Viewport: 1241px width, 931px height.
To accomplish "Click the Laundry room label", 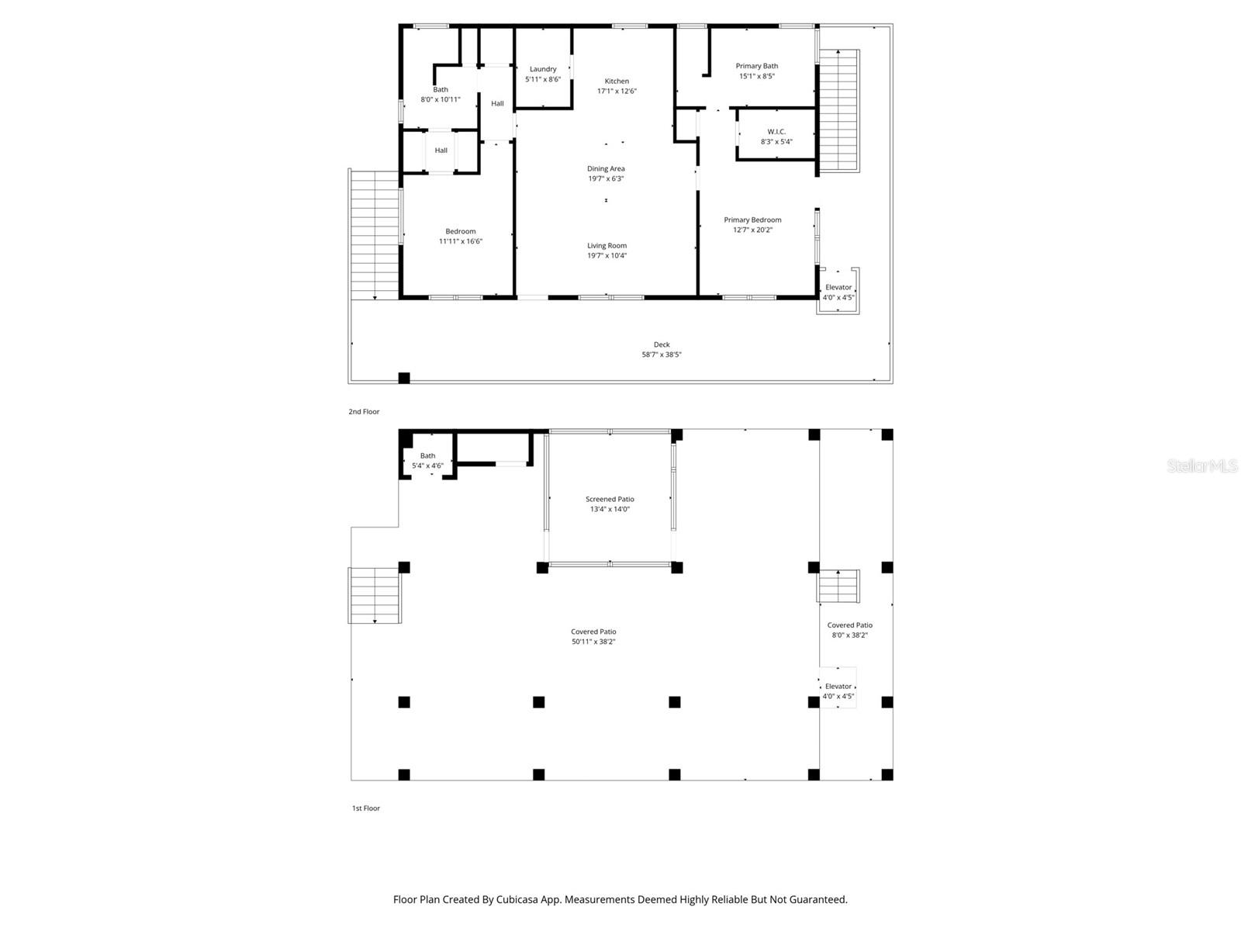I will coord(543,69).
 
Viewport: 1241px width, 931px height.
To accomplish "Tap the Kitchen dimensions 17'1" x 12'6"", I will coord(617,91).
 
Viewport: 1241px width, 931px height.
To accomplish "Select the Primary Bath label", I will coord(756,66).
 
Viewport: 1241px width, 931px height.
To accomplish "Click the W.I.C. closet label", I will coord(776,132).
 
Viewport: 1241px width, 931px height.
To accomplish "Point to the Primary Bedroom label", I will coord(752,220).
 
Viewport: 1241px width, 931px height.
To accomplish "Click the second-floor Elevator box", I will coord(838,292).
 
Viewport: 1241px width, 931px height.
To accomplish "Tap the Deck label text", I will coord(661,344).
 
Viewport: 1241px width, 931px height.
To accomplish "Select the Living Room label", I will coord(607,245).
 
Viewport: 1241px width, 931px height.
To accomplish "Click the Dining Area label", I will coord(606,168).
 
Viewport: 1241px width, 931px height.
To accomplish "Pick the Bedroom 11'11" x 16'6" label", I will coord(461,236).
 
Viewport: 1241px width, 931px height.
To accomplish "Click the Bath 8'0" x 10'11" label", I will coord(441,94).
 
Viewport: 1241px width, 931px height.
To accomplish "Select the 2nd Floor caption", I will coord(364,412).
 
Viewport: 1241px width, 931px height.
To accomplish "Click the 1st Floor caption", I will coord(366,808).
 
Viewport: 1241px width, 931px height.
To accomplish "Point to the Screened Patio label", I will coord(610,499).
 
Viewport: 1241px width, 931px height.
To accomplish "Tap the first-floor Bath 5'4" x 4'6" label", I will coord(427,461).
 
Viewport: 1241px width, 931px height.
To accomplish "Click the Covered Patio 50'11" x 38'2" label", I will coord(593,636).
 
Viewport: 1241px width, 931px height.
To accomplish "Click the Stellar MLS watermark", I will coord(1202,465).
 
